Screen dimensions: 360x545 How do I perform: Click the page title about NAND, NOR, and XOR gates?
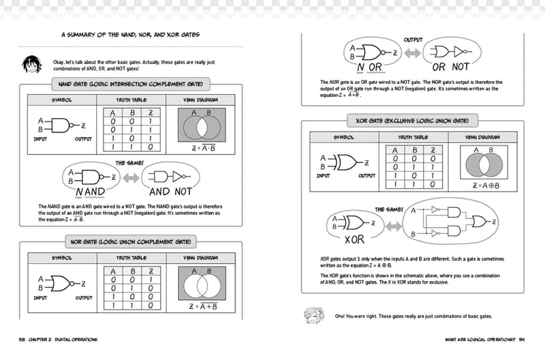140,35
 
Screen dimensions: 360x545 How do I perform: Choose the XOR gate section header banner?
412,121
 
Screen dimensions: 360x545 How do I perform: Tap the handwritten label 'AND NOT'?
175,192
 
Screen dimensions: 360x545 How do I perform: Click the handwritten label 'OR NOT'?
451,67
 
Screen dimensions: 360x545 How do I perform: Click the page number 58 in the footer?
23,339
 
